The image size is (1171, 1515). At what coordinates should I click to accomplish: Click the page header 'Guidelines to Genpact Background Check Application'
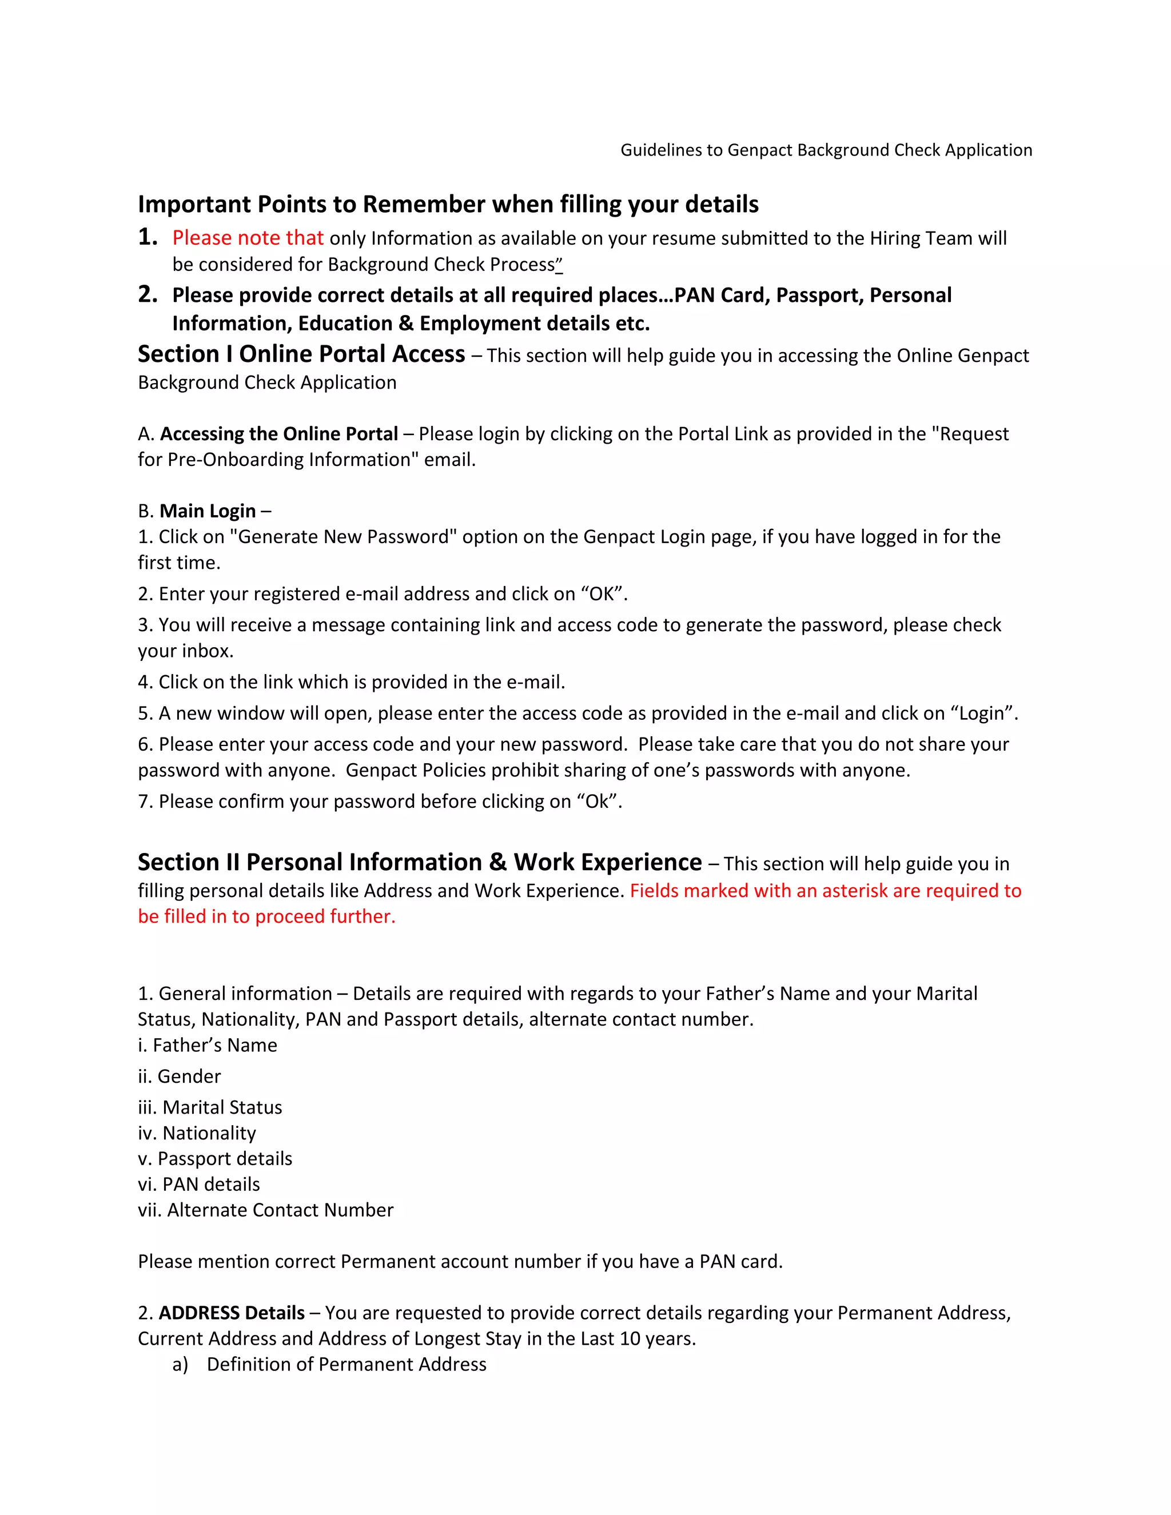pyautogui.click(x=826, y=150)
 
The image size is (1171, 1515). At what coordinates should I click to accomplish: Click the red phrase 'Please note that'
pyautogui.click(x=248, y=238)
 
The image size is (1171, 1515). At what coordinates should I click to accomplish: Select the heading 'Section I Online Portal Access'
pyautogui.click(x=301, y=354)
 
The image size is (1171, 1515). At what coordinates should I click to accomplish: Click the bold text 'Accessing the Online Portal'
pyautogui.click(x=279, y=434)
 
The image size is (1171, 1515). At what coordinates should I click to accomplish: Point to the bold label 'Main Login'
pyautogui.click(x=208, y=511)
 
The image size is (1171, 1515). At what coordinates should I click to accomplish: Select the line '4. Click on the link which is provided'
pyautogui.click(x=351, y=683)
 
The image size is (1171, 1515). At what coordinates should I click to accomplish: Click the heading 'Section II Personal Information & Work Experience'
pyautogui.click(x=420, y=862)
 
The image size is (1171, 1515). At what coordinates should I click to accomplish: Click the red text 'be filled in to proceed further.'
pyautogui.click(x=266, y=917)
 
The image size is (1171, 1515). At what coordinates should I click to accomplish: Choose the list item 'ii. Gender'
pyautogui.click(x=179, y=1077)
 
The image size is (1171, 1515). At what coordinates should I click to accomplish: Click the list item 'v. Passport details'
pyautogui.click(x=214, y=1159)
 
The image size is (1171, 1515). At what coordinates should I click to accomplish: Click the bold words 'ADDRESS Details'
pyautogui.click(x=231, y=1313)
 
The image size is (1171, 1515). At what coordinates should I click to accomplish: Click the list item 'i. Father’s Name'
pyautogui.click(x=207, y=1046)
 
